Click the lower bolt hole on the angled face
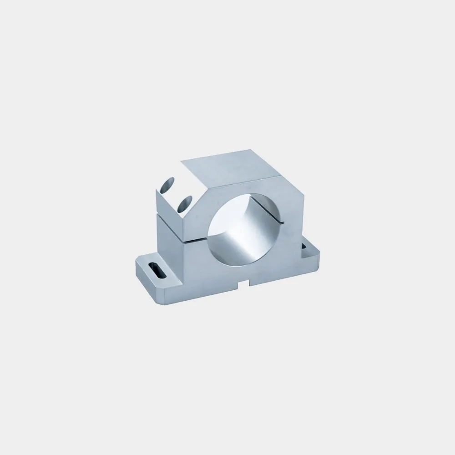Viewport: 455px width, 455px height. tap(184, 204)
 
